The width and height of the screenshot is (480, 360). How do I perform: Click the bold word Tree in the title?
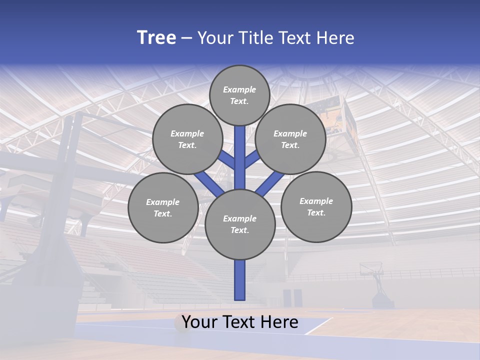[156, 38]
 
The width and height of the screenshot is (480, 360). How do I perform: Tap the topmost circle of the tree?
[239, 95]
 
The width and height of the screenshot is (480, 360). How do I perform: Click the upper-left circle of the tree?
[187, 139]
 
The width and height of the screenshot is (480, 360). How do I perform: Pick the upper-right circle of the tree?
[290, 139]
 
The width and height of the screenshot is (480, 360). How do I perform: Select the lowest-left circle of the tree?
[162, 207]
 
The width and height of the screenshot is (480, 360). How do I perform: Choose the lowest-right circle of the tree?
[316, 206]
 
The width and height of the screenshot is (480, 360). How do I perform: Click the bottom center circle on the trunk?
[240, 224]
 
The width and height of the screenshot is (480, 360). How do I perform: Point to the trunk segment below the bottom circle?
[240, 280]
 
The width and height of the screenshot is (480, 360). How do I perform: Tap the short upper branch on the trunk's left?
[227, 160]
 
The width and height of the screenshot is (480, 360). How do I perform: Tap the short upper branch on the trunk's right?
[252, 160]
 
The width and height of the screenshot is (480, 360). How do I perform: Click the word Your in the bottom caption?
[199, 322]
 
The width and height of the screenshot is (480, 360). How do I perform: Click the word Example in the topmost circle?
[239, 89]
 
